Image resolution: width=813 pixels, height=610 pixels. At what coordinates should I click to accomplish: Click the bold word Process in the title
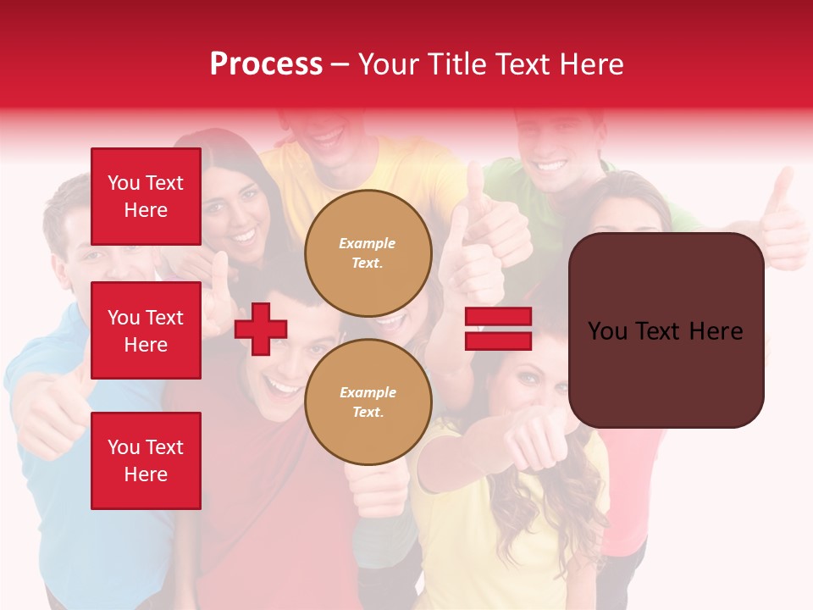pos(266,64)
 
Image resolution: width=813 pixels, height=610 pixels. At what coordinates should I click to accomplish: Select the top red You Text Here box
pos(146,197)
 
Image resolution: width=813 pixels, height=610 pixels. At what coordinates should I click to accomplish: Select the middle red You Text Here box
pos(146,330)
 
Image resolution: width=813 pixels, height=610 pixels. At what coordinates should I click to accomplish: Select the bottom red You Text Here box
pos(146,461)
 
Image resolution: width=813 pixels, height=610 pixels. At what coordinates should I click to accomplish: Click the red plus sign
pos(261,329)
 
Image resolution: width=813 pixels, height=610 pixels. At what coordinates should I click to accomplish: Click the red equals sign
pos(498,329)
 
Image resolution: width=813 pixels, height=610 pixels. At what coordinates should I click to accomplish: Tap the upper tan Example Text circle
pos(368,252)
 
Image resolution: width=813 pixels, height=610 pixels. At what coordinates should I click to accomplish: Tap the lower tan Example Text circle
pos(368,402)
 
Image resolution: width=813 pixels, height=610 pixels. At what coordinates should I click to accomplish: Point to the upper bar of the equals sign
pos(498,317)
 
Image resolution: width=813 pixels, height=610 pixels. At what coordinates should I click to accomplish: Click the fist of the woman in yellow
pos(539,441)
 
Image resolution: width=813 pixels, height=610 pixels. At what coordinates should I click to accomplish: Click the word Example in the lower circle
pos(368,392)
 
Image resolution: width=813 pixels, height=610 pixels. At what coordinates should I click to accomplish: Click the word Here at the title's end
pos(591,64)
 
